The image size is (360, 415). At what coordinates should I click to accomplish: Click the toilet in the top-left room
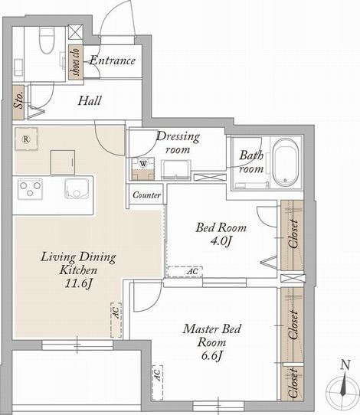47,40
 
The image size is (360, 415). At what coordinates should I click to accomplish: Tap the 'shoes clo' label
75,62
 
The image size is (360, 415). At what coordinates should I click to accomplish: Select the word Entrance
113,60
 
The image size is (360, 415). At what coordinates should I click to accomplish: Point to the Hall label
90,100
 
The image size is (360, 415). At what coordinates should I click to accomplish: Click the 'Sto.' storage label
18,101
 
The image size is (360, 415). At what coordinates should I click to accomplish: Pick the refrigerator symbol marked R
26,139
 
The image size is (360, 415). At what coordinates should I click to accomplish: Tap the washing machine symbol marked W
143,164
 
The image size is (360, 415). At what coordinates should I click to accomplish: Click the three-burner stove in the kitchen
30,189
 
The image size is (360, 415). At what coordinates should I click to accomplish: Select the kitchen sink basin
77,188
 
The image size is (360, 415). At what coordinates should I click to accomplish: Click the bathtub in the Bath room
286,162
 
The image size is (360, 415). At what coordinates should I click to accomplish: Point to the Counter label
146,195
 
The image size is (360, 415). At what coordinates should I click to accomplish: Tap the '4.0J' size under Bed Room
221,241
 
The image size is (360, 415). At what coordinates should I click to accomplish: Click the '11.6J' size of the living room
78,283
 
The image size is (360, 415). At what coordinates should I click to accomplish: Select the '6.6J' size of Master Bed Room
211,356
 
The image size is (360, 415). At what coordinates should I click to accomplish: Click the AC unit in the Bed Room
185,272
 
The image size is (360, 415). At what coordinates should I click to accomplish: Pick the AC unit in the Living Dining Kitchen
116,320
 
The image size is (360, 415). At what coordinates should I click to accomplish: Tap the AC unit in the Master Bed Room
158,383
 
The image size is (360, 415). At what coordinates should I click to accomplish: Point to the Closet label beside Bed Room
294,234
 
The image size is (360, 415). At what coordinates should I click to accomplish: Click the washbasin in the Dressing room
176,170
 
